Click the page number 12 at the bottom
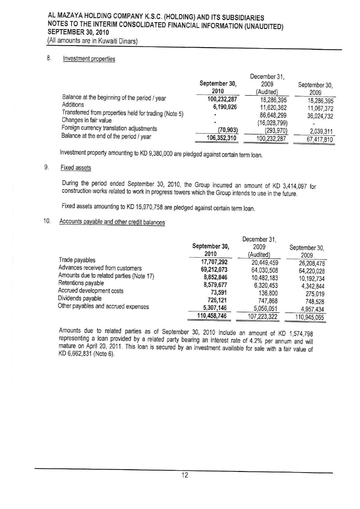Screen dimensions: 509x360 click(185, 475)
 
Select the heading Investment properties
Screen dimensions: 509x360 click(89, 59)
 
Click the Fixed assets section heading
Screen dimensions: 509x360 click(76, 168)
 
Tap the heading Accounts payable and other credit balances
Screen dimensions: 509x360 click(112, 222)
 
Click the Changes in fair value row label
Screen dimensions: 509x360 click(87, 120)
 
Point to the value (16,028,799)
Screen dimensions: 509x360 click(272, 123)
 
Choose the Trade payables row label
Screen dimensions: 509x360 click(77, 260)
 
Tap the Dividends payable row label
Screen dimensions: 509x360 click(80, 298)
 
